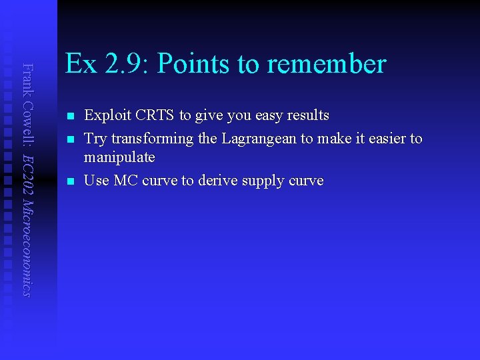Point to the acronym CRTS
click(x=153, y=115)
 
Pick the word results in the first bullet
click(x=306, y=115)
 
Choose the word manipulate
click(x=119, y=157)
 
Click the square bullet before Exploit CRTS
click(x=70, y=116)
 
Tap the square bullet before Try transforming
click(x=70, y=139)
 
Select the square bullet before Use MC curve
click(x=70, y=181)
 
